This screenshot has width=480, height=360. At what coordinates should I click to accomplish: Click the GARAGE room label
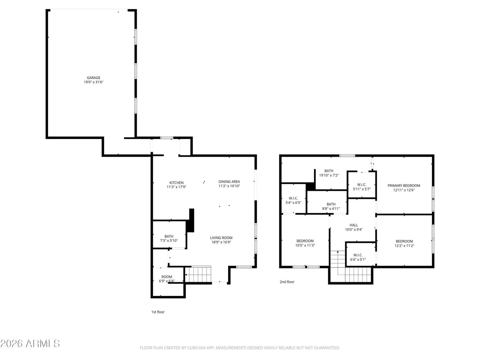(94, 78)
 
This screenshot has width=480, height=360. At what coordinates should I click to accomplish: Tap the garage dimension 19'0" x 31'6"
(94, 82)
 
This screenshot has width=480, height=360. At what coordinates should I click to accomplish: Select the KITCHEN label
(176, 183)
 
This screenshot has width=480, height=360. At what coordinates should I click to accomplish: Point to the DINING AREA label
(229, 181)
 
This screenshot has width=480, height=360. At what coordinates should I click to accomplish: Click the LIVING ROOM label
(221, 238)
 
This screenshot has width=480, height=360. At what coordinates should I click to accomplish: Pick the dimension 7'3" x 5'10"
(169, 241)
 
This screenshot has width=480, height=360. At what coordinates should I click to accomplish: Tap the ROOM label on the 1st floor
(167, 277)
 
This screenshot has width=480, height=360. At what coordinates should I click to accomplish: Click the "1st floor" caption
(158, 312)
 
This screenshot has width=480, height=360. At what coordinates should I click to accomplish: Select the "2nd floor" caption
(287, 282)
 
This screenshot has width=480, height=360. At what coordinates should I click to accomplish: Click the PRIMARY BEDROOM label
(404, 186)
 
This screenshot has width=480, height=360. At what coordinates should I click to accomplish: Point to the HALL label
(354, 225)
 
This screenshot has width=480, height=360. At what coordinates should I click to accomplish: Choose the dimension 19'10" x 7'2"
(329, 175)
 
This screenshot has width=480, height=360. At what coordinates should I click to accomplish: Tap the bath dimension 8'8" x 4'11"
(331, 209)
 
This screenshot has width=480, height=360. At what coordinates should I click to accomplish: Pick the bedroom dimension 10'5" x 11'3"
(305, 245)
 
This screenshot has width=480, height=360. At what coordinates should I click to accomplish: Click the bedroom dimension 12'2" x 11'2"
(404, 246)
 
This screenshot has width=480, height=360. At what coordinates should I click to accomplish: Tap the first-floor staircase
(198, 274)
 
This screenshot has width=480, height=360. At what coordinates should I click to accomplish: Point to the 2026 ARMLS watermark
(30, 343)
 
